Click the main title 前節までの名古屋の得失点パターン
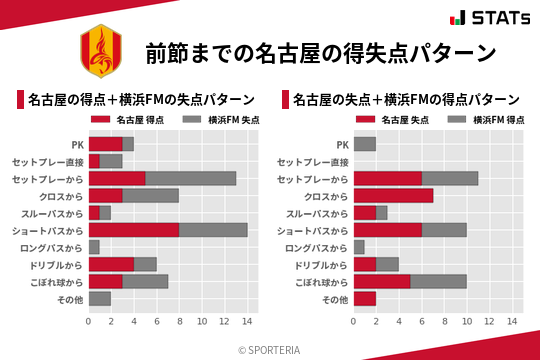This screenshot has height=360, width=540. pyautogui.click(x=320, y=52)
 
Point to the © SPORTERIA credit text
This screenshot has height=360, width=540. pyautogui.click(x=270, y=349)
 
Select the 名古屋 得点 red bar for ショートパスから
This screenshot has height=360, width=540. pyautogui.click(x=133, y=229)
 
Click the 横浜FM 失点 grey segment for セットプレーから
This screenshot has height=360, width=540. pyautogui.click(x=190, y=178)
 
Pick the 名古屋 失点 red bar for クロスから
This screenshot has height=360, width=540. pyautogui.click(x=393, y=195)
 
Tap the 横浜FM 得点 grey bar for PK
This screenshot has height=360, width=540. pyautogui.click(x=364, y=144)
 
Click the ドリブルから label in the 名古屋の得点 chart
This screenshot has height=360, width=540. pyautogui.click(x=55, y=264)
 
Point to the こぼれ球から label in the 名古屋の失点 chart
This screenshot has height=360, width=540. pyautogui.click(x=317, y=281)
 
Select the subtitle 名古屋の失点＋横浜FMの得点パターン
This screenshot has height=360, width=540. pyautogui.click(x=405, y=100)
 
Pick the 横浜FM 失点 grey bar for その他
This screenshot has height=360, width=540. pyautogui.click(x=100, y=298)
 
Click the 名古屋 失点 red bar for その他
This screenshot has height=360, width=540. pyautogui.click(x=364, y=298)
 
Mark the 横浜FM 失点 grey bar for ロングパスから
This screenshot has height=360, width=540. pyautogui.click(x=94, y=247)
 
